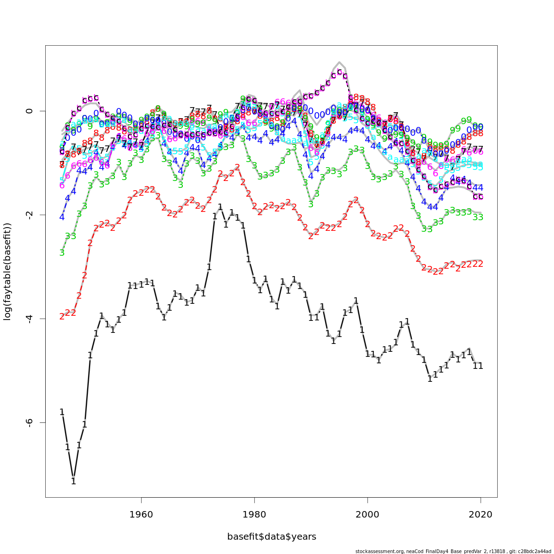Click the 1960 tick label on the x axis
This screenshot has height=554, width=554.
(141, 514)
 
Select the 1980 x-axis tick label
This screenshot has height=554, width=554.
(254, 514)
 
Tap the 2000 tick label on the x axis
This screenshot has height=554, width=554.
(367, 514)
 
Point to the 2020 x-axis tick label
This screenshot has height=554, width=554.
(481, 514)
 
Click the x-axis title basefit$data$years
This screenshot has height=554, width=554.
(271, 537)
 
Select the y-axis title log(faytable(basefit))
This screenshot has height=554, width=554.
(7, 271)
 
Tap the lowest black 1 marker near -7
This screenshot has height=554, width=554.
(73, 481)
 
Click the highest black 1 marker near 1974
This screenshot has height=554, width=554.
(220, 207)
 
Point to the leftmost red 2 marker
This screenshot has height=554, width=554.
(62, 317)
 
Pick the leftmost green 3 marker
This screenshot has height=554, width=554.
(62, 253)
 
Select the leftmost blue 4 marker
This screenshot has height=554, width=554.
(62, 217)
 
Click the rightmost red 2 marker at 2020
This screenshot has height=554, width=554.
(481, 264)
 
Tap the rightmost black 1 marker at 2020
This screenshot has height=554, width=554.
(481, 366)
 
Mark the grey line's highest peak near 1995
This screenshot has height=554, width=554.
(339, 62)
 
